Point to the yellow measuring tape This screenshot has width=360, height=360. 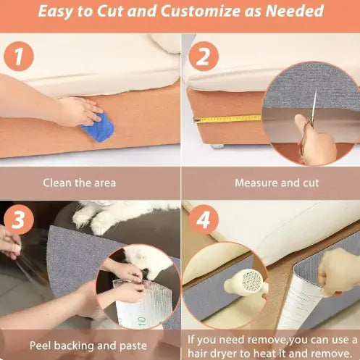click(x=227, y=119)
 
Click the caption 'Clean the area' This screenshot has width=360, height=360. click(x=80, y=183)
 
